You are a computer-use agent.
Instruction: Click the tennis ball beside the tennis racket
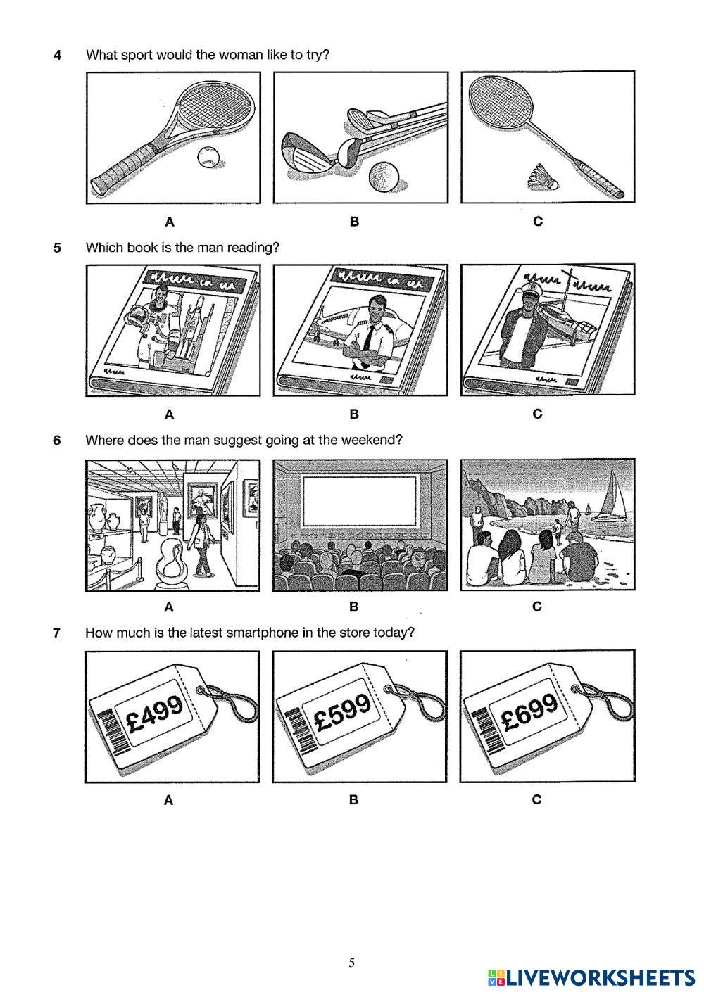(208, 157)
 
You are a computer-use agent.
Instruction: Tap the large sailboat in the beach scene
(611, 497)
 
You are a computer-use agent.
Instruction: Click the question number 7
(56, 633)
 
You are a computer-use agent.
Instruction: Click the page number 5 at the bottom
(351, 963)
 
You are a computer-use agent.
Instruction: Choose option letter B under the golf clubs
(354, 222)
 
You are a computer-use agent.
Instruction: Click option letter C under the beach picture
(537, 607)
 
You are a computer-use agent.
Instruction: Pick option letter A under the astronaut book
(169, 414)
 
